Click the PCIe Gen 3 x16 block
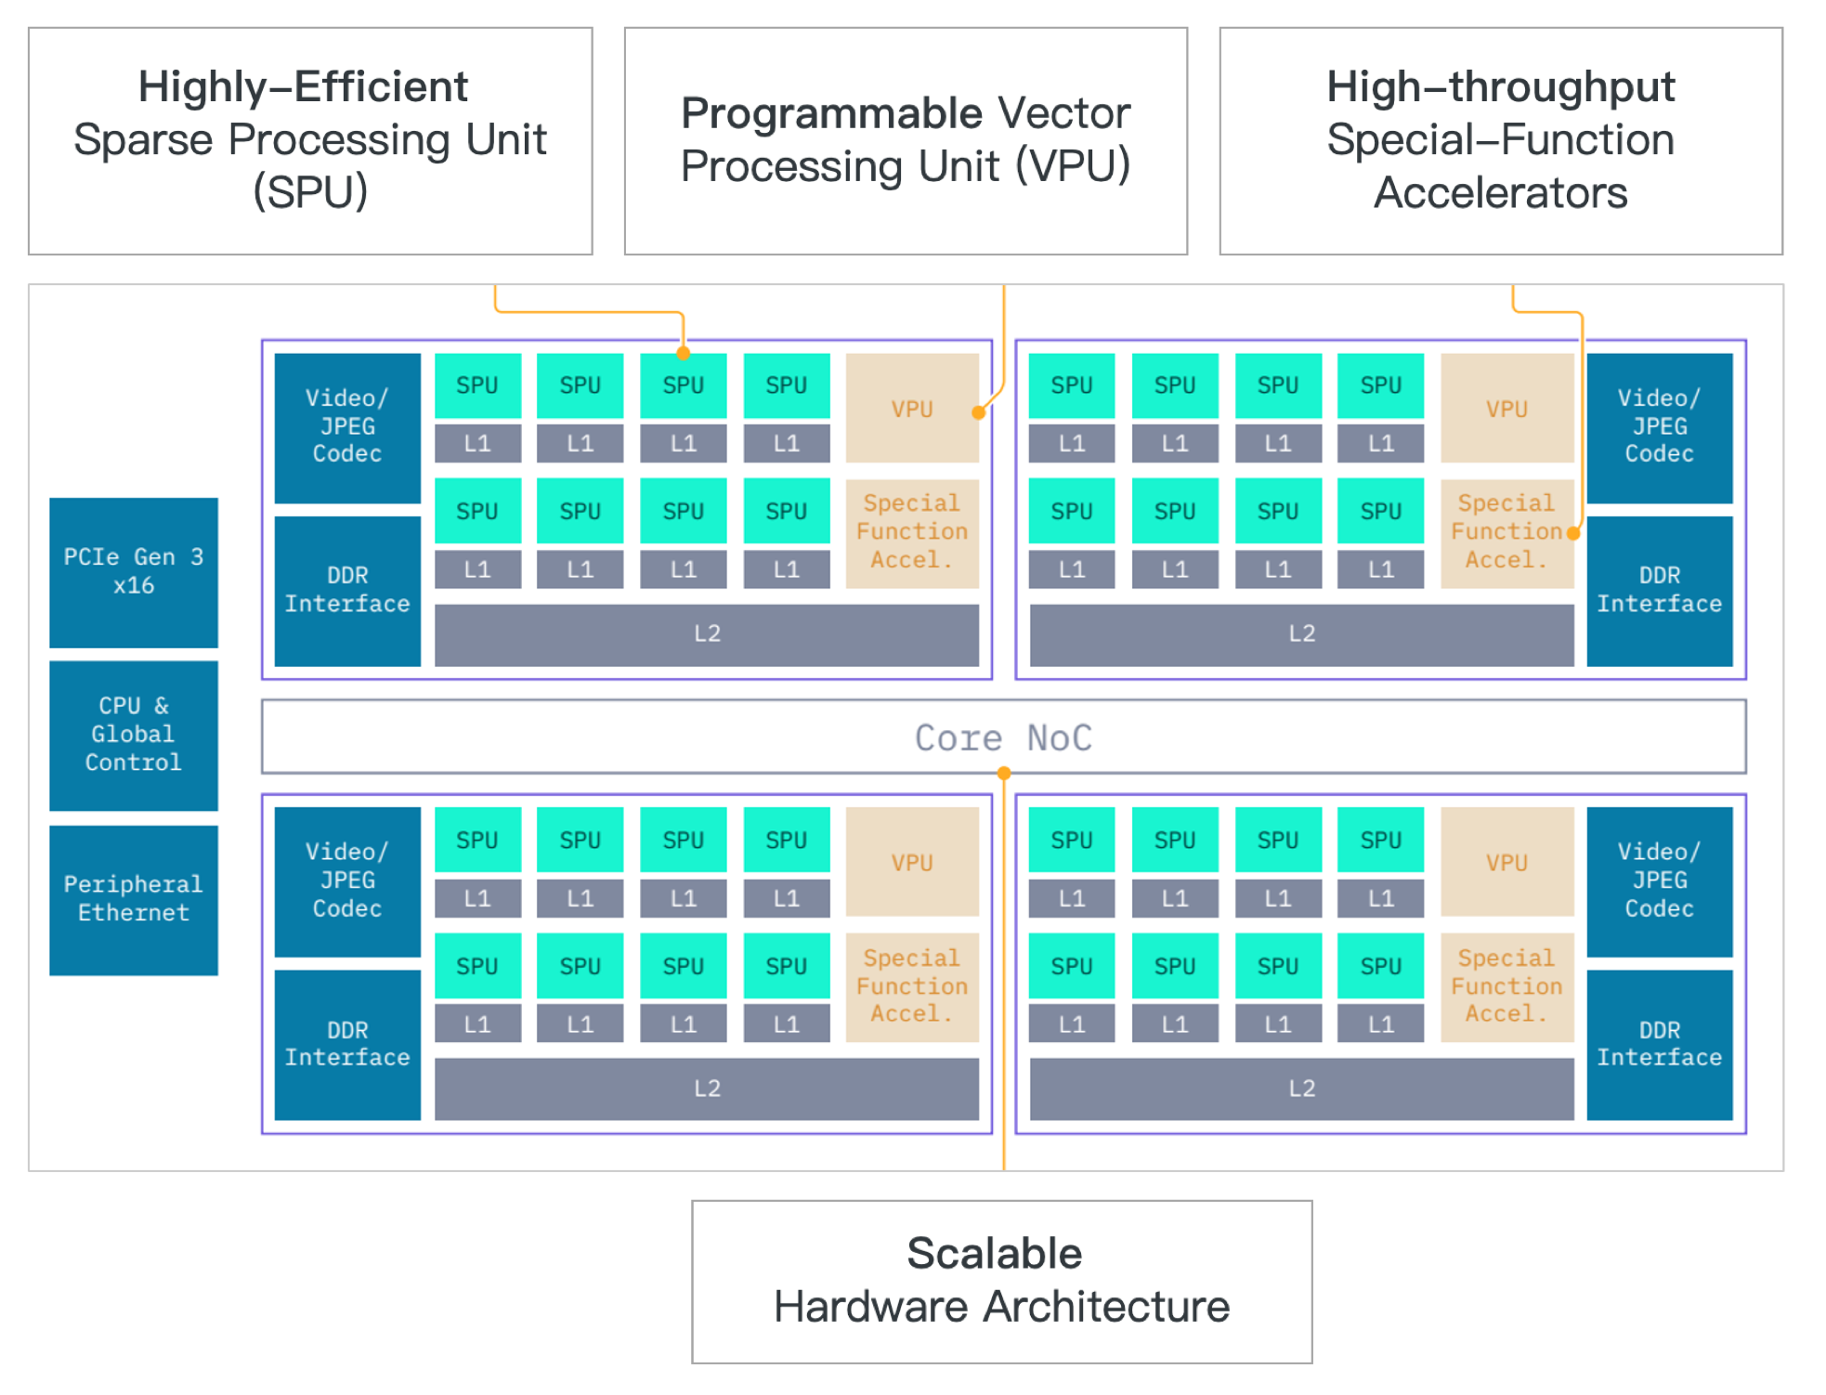click(x=133, y=571)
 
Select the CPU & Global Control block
click(x=133, y=734)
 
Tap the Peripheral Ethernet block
click(x=133, y=898)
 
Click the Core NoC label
click(x=1003, y=737)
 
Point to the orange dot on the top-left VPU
click(x=978, y=412)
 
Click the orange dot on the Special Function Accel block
click(x=1572, y=533)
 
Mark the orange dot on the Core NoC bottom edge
click(x=1004, y=773)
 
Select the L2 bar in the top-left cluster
click(x=706, y=634)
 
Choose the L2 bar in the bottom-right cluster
click(x=1300, y=1089)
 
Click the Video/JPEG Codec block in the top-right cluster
click(x=1659, y=426)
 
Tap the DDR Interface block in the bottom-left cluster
click(x=347, y=1044)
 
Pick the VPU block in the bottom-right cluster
click(x=1506, y=862)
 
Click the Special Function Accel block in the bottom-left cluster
click(x=911, y=986)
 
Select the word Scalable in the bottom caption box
click(x=994, y=1254)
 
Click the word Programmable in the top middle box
click(x=831, y=113)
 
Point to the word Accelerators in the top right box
click(x=1500, y=193)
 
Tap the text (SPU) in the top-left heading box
click(x=310, y=192)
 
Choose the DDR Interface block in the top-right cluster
click(x=1659, y=590)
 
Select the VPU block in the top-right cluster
click(x=1506, y=409)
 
